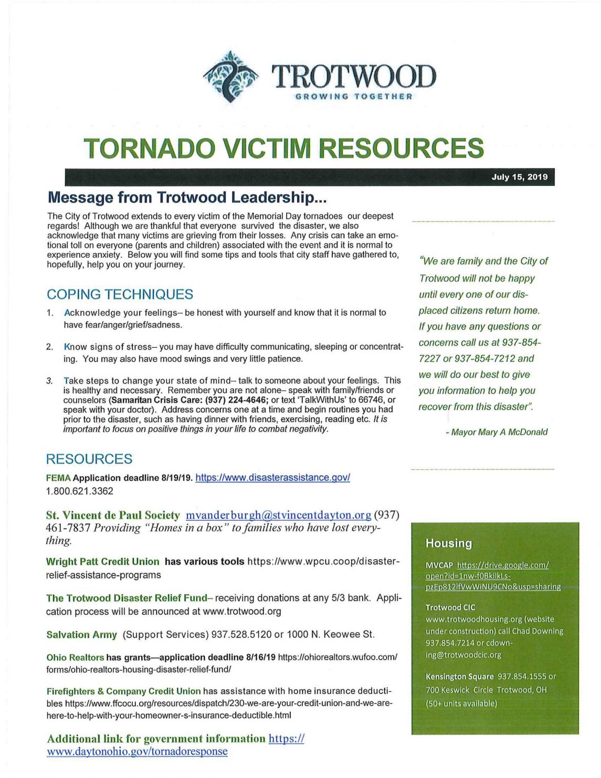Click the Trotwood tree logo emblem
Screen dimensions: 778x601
pyautogui.click(x=230, y=76)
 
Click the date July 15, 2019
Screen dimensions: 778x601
pyautogui.click(x=519, y=177)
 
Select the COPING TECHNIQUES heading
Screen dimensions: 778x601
pyautogui.click(x=120, y=295)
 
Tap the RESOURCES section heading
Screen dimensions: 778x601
pyautogui.click(x=89, y=459)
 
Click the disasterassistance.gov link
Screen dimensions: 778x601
pyautogui.click(x=272, y=478)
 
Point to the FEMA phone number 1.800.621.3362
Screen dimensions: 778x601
pyautogui.click(x=80, y=491)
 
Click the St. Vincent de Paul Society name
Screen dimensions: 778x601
pyautogui.click(x=112, y=515)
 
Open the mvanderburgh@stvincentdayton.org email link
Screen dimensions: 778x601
pyautogui.click(x=278, y=515)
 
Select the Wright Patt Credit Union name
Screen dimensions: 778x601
pyautogui.click(x=102, y=562)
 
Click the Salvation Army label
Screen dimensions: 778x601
pyautogui.click(x=81, y=635)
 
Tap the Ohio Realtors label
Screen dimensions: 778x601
pyautogui.click(x=75, y=658)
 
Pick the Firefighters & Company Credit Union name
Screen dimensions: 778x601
pyautogui.click(x=123, y=691)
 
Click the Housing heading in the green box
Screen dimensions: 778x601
pyautogui.click(x=449, y=543)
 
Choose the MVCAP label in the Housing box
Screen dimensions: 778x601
pyautogui.click(x=439, y=565)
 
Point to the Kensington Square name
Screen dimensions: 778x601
pyautogui.click(x=459, y=677)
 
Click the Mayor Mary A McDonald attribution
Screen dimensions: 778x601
pyautogui.click(x=496, y=432)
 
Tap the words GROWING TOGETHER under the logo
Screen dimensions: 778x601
pyautogui.click(x=354, y=97)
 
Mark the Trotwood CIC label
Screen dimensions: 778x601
pyautogui.click(x=450, y=607)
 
